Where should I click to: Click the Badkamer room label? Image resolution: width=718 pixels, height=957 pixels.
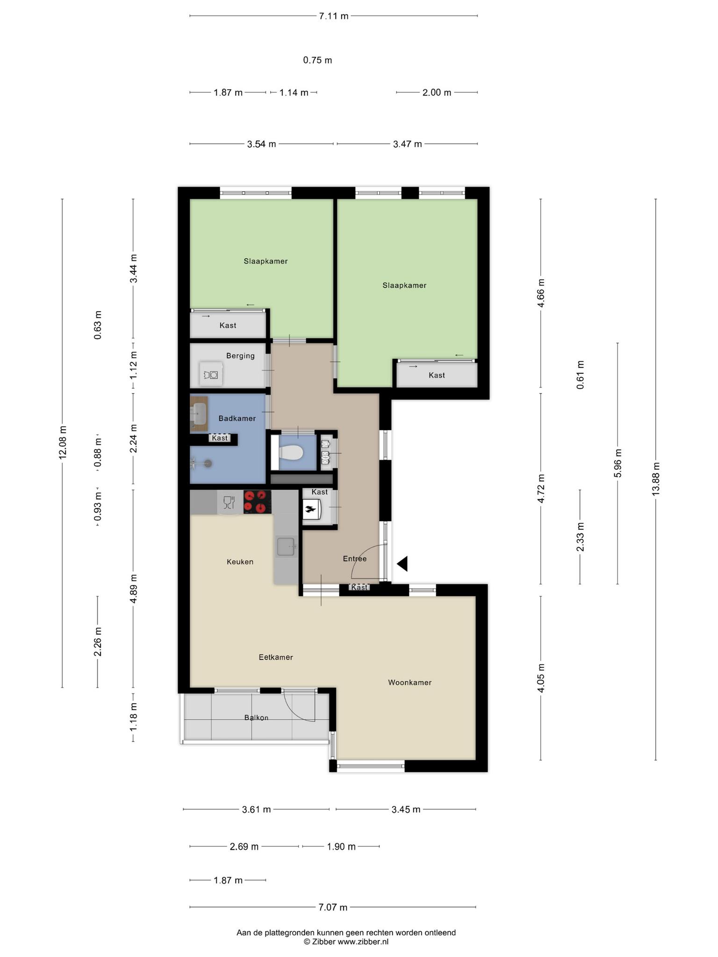(x=237, y=418)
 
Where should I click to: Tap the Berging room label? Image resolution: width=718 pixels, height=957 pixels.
(x=240, y=356)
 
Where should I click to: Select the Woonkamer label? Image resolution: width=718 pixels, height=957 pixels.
(x=409, y=682)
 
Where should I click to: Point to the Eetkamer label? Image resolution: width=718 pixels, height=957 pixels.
(x=276, y=657)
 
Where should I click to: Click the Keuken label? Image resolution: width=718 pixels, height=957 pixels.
(x=240, y=562)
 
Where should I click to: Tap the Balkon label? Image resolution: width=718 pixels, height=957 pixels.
(x=256, y=717)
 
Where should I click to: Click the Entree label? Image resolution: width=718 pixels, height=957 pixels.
(x=355, y=558)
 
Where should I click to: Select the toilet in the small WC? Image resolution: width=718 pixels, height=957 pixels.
(x=290, y=452)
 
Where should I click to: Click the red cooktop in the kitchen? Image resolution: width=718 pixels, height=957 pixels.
(x=257, y=502)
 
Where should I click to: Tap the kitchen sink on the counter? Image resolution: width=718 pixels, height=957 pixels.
(x=286, y=547)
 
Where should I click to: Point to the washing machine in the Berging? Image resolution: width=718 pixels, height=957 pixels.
(x=210, y=374)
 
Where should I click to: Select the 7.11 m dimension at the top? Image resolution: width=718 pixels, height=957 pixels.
(x=334, y=16)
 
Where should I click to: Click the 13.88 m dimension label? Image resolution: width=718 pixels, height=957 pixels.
(x=656, y=479)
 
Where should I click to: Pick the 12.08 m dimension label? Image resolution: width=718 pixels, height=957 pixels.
(x=63, y=443)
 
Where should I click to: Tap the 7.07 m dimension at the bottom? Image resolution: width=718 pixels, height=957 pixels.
(x=333, y=907)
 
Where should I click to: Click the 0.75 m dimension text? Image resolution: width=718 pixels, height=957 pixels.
(x=317, y=60)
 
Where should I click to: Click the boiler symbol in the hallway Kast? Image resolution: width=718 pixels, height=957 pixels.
(x=310, y=509)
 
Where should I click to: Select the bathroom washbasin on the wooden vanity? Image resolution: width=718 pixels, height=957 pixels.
(x=199, y=414)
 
